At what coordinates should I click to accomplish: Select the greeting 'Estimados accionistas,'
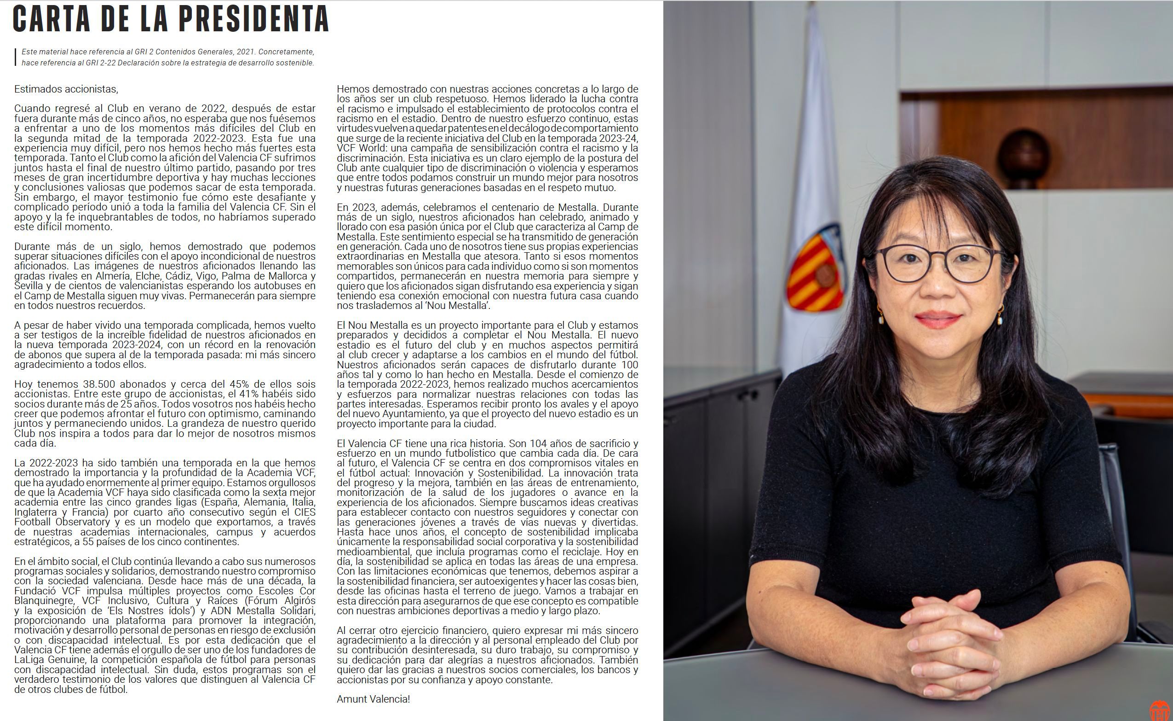click(66, 89)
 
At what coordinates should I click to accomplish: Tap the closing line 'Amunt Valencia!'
click(373, 699)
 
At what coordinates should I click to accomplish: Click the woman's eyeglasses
click(938, 263)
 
